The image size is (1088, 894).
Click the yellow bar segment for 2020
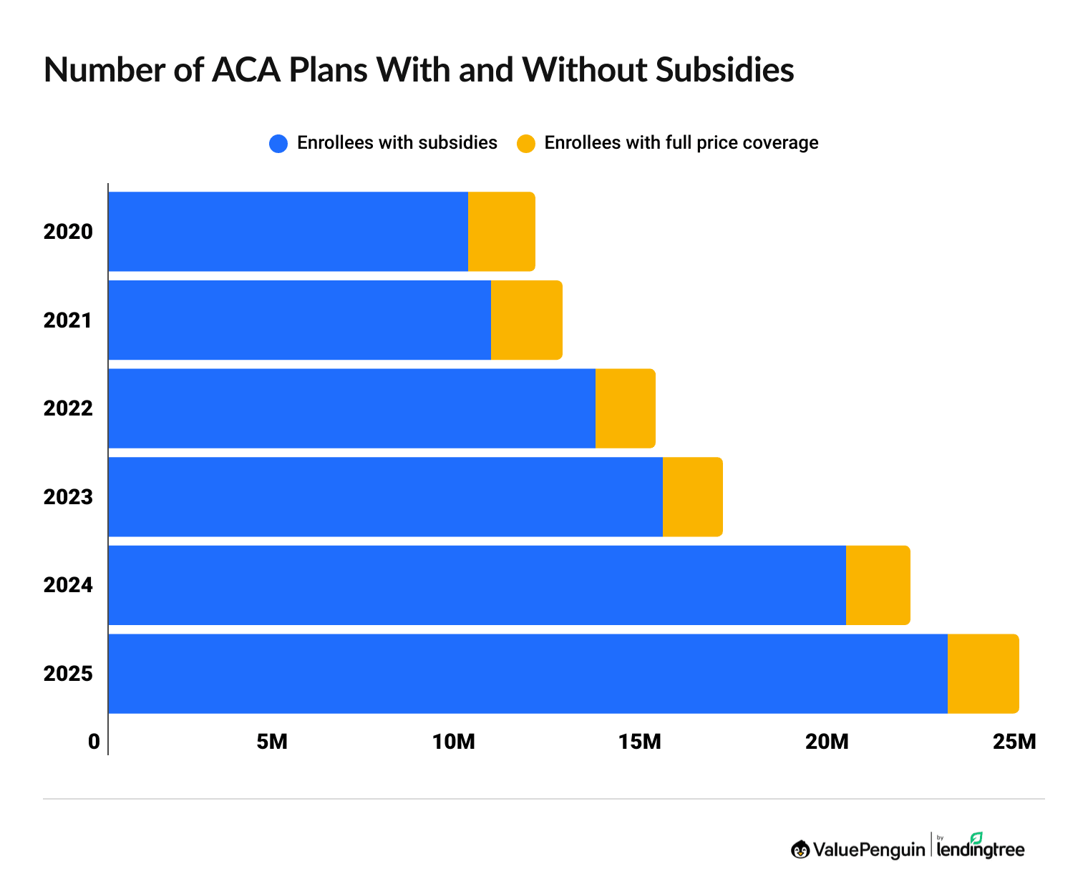[x=501, y=232]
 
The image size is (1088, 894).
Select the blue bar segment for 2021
[x=299, y=320]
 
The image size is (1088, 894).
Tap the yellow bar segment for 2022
[x=625, y=408]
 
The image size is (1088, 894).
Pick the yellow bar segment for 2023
[x=692, y=497]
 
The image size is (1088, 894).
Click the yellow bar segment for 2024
[x=878, y=585]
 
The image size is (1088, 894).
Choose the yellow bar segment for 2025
[x=983, y=674]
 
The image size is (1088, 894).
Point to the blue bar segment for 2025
[x=528, y=674]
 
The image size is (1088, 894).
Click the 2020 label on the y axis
[x=68, y=232]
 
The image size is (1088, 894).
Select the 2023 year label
[x=68, y=497]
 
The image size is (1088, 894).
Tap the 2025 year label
[x=68, y=674]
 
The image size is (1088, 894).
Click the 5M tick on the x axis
[x=271, y=742]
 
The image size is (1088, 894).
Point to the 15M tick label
[x=640, y=742]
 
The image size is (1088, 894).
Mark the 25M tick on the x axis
[x=1014, y=742]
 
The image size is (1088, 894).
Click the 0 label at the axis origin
[x=94, y=742]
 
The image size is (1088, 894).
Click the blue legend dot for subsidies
[x=278, y=143]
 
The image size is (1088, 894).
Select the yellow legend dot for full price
[x=526, y=143]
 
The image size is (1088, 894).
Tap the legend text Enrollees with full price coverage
[x=681, y=143]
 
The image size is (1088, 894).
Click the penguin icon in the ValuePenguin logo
[x=800, y=850]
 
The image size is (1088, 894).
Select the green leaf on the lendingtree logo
[x=976, y=837]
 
